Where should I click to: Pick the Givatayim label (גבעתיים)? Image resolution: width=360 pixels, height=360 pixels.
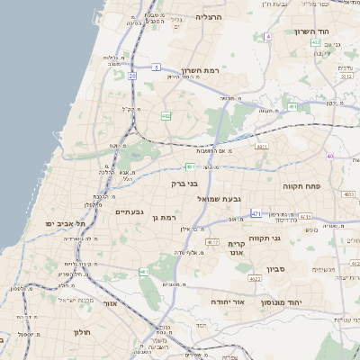coord(130,211)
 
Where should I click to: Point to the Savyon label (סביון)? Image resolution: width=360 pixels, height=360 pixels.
coord(275,268)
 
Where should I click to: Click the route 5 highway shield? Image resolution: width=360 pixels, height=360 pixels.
coord(156,67)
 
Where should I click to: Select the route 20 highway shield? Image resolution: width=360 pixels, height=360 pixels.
coord(132,76)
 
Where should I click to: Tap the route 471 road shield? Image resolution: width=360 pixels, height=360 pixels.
coord(256,213)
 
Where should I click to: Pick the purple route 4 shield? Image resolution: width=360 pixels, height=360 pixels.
coord(267,37)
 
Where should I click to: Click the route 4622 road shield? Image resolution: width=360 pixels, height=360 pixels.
coord(256,279)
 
